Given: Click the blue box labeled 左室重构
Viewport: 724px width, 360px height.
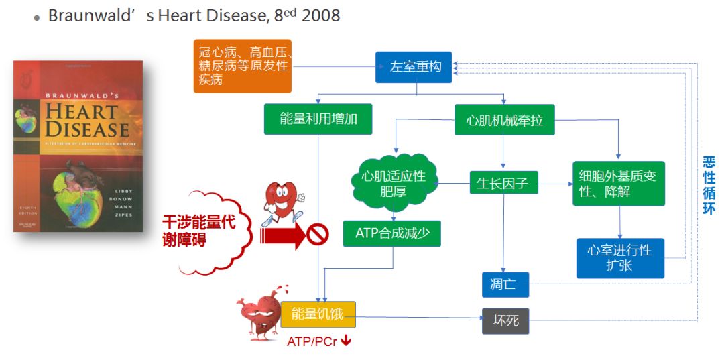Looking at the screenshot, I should point(414,67).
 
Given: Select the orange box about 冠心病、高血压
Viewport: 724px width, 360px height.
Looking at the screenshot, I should point(243,66).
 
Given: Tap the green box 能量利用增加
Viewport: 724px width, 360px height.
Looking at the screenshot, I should point(318,119).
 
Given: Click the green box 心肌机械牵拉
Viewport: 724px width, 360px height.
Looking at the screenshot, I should point(504,119).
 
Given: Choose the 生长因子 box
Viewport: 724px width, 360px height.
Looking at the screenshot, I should point(503,182).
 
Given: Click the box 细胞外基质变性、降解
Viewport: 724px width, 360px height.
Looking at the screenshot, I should point(618,183).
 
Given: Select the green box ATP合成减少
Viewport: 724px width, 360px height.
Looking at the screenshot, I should point(392,233).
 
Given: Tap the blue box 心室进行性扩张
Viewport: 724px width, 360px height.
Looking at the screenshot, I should point(620,257).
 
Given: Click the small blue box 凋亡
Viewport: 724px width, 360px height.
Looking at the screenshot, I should point(505,284).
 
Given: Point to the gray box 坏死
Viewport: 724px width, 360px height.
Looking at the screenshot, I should point(505,320).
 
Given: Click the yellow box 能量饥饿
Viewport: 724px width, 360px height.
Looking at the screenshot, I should point(318,314).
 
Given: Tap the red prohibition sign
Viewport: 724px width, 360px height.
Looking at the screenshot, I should point(318,235).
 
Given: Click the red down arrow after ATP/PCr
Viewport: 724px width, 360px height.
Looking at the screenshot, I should point(347,341).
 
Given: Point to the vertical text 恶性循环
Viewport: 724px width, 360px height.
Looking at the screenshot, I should point(709,186).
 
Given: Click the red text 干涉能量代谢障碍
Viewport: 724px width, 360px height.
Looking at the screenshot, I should point(198,231).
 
